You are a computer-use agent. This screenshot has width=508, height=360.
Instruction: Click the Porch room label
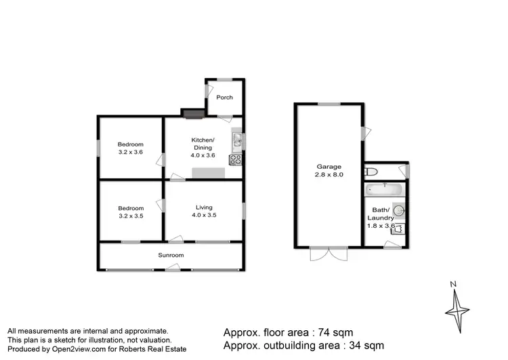224,98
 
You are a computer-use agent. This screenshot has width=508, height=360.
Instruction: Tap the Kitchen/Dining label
203,143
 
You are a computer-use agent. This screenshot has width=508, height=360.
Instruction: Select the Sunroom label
171,256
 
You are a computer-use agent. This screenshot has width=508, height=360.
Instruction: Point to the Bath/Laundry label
381,214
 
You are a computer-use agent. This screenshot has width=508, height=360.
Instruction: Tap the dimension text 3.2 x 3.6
131,153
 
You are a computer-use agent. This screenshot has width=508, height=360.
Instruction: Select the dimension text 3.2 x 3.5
131,217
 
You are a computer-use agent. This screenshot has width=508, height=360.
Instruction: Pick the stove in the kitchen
236,161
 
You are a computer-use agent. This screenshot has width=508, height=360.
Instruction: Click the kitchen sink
236,141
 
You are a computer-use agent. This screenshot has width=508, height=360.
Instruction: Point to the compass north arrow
457,306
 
